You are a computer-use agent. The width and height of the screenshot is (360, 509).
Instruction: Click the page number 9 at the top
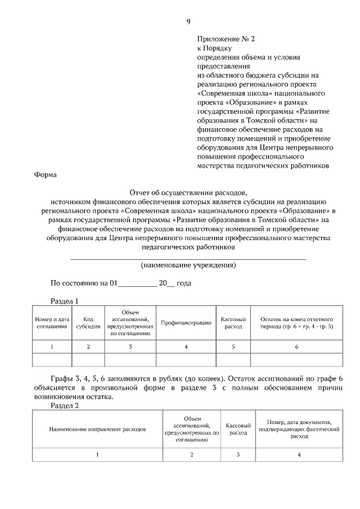click(x=188, y=22)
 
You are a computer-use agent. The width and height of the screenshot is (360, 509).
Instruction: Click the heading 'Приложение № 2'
click(x=226, y=39)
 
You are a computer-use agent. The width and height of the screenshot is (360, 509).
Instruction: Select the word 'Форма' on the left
click(x=46, y=175)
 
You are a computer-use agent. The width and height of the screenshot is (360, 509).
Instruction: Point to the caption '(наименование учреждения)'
click(x=188, y=265)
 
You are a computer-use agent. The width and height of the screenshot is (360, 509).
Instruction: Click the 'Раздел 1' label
click(x=65, y=300)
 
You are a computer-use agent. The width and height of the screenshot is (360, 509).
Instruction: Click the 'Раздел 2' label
click(x=65, y=405)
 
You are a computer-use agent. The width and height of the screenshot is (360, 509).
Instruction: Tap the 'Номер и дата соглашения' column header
click(x=52, y=323)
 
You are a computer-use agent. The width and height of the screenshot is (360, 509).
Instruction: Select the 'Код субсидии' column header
click(x=88, y=323)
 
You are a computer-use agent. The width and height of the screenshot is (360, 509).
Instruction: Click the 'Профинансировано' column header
click(x=186, y=323)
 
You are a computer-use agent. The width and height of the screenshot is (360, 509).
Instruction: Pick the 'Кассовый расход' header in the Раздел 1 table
click(x=233, y=323)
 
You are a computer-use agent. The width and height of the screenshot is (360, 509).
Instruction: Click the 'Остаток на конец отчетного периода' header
click(x=296, y=323)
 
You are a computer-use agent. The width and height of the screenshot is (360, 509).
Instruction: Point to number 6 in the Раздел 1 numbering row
click(x=296, y=346)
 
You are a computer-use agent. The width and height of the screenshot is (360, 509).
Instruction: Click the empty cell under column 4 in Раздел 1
click(x=186, y=359)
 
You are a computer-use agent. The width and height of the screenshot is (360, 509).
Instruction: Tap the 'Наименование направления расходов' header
click(x=97, y=429)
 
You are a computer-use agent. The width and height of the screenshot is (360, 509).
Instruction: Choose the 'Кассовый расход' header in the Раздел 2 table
click(x=238, y=429)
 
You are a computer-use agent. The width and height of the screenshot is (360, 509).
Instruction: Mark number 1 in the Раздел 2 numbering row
click(x=97, y=454)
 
